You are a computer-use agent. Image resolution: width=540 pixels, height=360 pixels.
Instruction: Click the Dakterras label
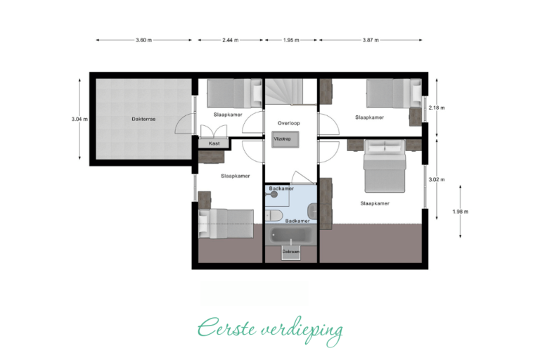pos(143,120)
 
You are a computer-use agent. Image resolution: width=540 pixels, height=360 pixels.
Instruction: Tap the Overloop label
pos(288,123)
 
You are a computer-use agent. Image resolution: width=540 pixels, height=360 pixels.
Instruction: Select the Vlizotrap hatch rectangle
pos(285,139)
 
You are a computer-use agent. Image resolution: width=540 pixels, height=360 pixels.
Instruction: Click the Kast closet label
pos(214,143)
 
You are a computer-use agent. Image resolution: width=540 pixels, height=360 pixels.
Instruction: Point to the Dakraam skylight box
pos(290,252)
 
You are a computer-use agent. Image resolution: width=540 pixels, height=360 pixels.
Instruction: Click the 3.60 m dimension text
pos(143,40)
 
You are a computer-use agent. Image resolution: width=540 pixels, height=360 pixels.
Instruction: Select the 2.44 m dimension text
pos(230,40)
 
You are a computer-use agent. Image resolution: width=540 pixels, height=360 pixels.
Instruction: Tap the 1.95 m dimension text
pos(291,40)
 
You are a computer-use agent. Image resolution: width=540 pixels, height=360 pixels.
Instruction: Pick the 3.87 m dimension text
pos(371,40)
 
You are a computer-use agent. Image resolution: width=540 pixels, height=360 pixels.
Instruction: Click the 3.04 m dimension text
pos(79,120)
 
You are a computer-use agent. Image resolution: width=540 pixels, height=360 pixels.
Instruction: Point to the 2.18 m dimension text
pos(437,108)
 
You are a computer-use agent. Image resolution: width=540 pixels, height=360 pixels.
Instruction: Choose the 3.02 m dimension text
pos(437,179)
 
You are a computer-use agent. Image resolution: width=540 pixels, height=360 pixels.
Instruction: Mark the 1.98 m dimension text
pos(461,212)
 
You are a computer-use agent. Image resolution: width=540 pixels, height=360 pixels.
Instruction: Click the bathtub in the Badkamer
pos(291,236)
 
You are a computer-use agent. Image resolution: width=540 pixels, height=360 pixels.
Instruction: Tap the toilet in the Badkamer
pos(274,216)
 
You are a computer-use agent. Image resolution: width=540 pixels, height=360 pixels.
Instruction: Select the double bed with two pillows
pos(385,166)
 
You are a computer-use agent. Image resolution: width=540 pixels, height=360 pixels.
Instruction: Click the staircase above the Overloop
pos(290,91)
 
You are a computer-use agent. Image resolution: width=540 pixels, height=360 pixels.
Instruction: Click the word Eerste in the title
pos(226,328)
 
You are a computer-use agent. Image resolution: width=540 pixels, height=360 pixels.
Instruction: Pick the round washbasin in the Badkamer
pos(274,194)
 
